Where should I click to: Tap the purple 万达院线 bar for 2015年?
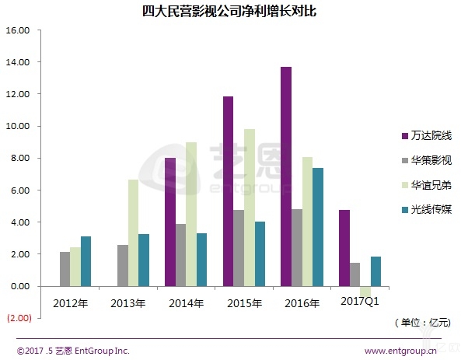click(228, 191)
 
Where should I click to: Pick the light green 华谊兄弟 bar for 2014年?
click(191, 215)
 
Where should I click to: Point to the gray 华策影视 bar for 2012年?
click(65, 269)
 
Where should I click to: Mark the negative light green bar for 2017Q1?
click(365, 290)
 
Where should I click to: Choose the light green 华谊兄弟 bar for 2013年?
click(133, 233)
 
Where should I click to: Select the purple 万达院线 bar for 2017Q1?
click(344, 248)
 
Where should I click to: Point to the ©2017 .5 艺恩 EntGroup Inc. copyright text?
click(73, 350)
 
